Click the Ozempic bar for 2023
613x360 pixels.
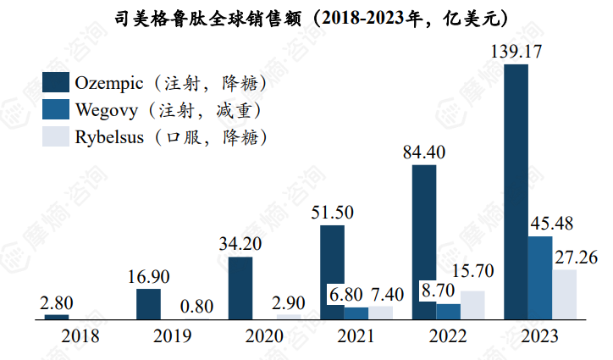coord(516,191)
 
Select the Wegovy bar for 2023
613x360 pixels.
coord(540,278)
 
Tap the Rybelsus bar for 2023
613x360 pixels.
coord(565,295)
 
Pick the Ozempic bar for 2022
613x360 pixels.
coord(424,242)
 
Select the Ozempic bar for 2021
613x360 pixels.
coord(333,272)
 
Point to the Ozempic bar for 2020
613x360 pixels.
coord(240,287)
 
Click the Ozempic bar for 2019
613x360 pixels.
coord(148,303)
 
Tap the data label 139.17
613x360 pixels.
coord(516,53)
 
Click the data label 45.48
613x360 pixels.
coord(550,225)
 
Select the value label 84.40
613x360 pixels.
coord(423,153)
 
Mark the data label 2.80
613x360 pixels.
coord(56,302)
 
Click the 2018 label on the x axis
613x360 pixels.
coord(80,336)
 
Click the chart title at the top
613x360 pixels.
coord(306,17)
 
